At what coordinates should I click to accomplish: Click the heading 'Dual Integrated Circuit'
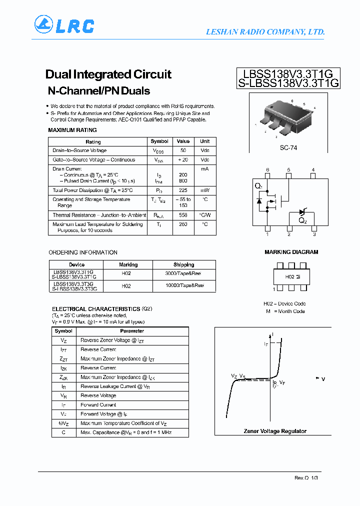point(108,74)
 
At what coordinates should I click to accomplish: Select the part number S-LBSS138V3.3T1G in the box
point(288,83)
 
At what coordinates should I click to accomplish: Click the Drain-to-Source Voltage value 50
point(183,150)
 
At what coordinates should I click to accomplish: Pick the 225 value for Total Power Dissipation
point(183,190)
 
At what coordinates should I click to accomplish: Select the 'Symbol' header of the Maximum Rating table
point(159,141)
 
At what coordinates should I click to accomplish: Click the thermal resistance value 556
point(183,215)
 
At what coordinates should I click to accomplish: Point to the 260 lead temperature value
point(183,224)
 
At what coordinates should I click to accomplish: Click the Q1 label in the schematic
point(258,186)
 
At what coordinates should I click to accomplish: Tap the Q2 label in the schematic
point(302,220)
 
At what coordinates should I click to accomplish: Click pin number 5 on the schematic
point(288,170)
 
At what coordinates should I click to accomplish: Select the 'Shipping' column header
point(183,264)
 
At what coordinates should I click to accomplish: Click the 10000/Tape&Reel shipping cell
point(183,286)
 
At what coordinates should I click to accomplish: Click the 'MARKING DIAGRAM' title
point(291,252)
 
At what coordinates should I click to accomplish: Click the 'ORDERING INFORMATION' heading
point(83,252)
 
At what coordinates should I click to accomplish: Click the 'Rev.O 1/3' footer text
point(306,478)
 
